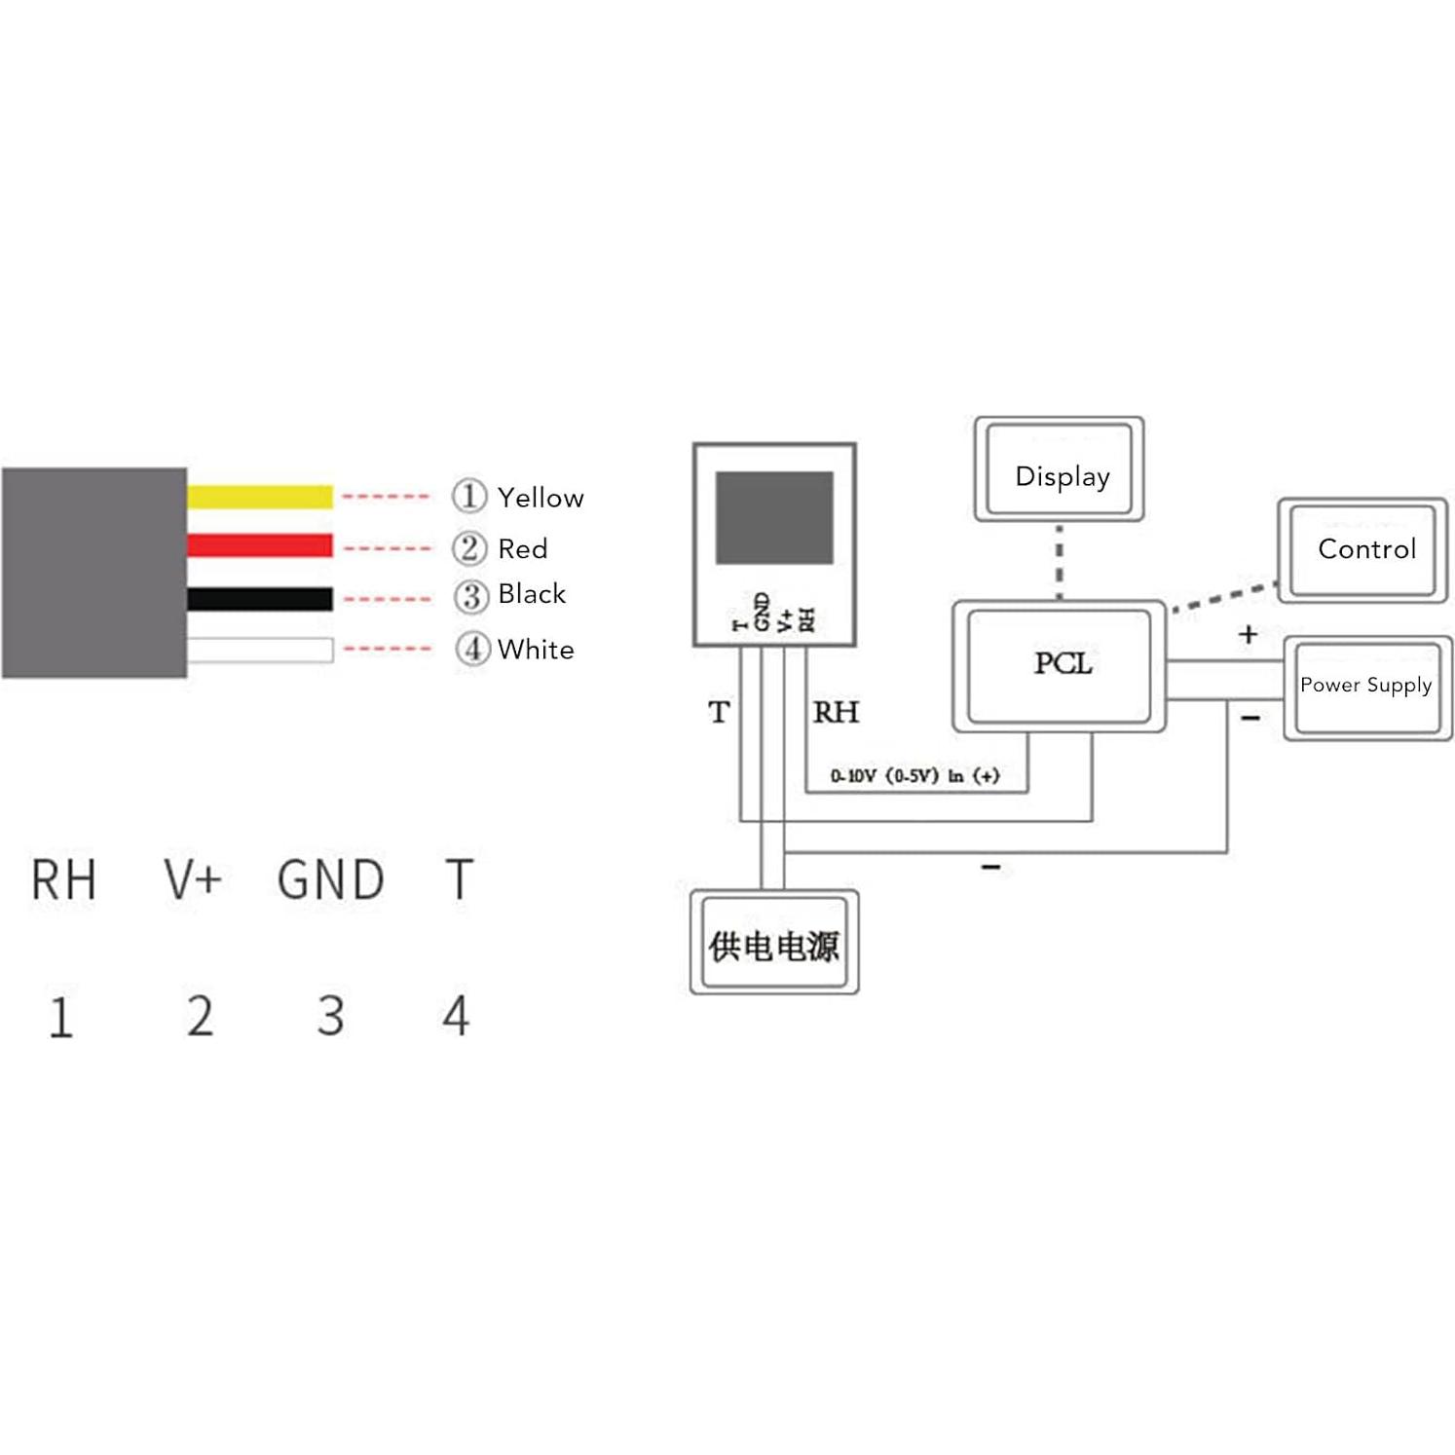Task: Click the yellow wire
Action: (x=259, y=497)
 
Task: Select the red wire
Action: (x=259, y=545)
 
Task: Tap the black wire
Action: (x=259, y=599)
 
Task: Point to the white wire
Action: (x=259, y=650)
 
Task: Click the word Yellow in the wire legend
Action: (x=541, y=498)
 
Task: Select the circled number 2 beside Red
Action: (x=469, y=548)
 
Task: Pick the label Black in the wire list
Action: (x=531, y=594)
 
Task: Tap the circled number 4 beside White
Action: (x=472, y=649)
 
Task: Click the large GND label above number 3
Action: (x=330, y=879)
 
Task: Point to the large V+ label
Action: (x=193, y=879)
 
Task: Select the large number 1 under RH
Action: (x=60, y=1017)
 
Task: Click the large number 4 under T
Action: (x=456, y=1016)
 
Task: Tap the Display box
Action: (x=1060, y=470)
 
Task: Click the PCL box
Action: (x=1060, y=666)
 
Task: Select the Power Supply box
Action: (x=1366, y=688)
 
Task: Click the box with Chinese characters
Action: (x=774, y=943)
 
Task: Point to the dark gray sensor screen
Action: (x=774, y=517)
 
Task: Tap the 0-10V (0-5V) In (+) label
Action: (x=914, y=776)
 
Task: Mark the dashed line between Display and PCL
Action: (x=1060, y=562)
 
